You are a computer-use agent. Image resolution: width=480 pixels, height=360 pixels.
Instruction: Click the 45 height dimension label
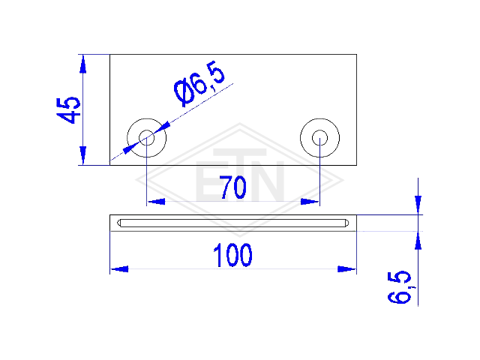point(68,110)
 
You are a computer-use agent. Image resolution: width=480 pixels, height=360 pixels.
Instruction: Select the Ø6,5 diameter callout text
point(199,83)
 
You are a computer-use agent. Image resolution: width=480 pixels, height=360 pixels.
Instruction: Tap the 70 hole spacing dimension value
point(233,187)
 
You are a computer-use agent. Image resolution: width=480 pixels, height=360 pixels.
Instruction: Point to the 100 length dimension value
point(232,255)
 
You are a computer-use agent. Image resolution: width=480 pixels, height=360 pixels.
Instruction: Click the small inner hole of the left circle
point(147,138)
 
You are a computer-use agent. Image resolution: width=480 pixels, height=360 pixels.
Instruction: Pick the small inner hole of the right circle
point(320,138)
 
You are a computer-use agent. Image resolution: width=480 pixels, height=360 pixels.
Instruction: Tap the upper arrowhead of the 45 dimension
point(82,64)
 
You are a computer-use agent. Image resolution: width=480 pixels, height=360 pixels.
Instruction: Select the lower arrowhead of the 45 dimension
point(82,155)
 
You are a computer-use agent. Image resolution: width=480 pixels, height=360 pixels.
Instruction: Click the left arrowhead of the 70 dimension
point(156,202)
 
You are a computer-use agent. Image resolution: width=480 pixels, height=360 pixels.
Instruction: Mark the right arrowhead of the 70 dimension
point(310,202)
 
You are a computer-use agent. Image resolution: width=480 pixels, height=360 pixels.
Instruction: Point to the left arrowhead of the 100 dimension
point(119,269)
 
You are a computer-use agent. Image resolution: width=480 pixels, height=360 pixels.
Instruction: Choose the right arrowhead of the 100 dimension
point(346,269)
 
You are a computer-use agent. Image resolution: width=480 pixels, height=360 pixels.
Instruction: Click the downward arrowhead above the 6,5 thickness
point(418,205)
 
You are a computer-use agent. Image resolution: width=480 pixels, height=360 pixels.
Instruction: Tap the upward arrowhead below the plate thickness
point(418,241)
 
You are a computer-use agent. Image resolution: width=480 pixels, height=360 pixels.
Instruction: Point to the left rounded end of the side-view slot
point(119,223)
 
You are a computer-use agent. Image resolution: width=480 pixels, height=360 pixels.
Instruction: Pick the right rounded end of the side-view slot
point(346,223)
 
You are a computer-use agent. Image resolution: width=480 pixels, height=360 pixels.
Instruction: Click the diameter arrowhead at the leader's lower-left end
point(130,148)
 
